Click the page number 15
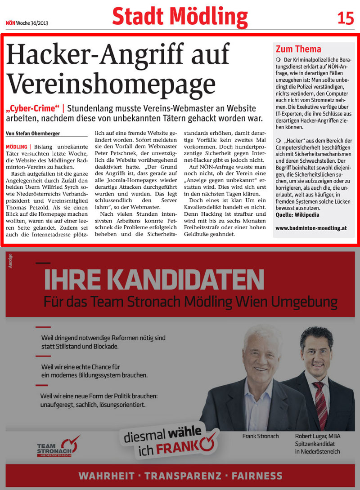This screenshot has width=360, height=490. (x=345, y=18)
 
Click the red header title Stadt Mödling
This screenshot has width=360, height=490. (x=180, y=17)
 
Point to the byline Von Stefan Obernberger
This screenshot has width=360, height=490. (x=33, y=134)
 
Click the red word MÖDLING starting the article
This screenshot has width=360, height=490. (x=16, y=147)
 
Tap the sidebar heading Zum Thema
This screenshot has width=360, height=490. (x=298, y=49)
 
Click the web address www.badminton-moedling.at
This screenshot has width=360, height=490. (x=311, y=228)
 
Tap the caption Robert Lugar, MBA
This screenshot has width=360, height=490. (x=318, y=437)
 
